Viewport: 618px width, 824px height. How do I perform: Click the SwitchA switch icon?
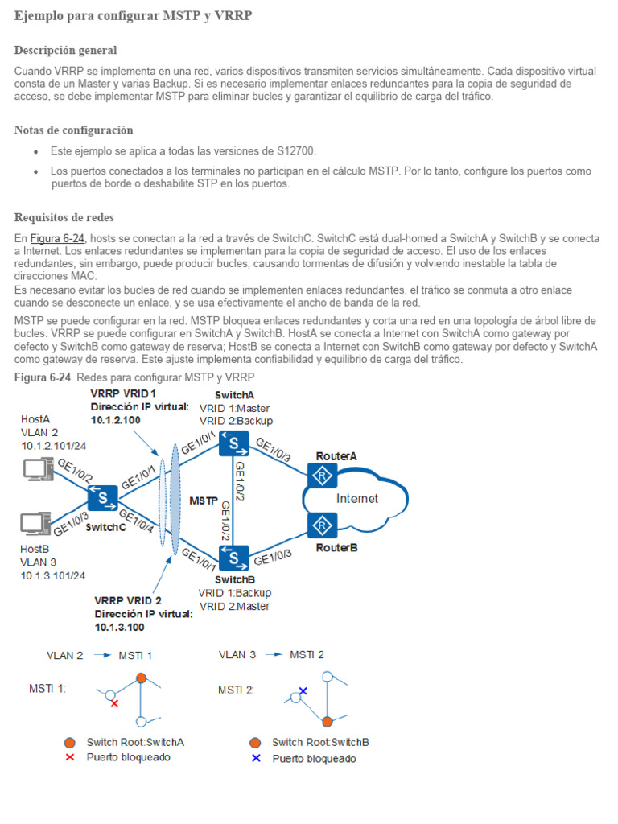click(234, 442)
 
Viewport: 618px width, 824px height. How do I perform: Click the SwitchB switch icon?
click(234, 556)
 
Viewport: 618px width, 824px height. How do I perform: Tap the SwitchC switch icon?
click(103, 499)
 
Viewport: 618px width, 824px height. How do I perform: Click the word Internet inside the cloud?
click(357, 499)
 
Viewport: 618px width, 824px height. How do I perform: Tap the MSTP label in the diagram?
click(203, 501)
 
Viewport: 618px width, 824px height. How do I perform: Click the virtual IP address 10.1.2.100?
click(116, 420)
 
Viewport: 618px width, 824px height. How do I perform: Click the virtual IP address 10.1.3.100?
click(120, 627)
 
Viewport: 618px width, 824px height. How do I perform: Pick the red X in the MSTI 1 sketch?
click(114, 703)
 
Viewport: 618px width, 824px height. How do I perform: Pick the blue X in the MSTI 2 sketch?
click(303, 690)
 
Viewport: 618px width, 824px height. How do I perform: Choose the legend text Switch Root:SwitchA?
click(141, 743)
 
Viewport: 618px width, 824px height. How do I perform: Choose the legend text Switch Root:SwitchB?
click(320, 743)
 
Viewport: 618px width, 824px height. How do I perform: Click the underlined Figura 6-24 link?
click(57, 239)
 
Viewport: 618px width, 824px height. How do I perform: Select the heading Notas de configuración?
click(74, 130)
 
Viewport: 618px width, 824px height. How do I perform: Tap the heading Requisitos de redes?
click(64, 218)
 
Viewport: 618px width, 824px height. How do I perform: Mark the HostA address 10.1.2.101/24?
click(53, 445)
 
